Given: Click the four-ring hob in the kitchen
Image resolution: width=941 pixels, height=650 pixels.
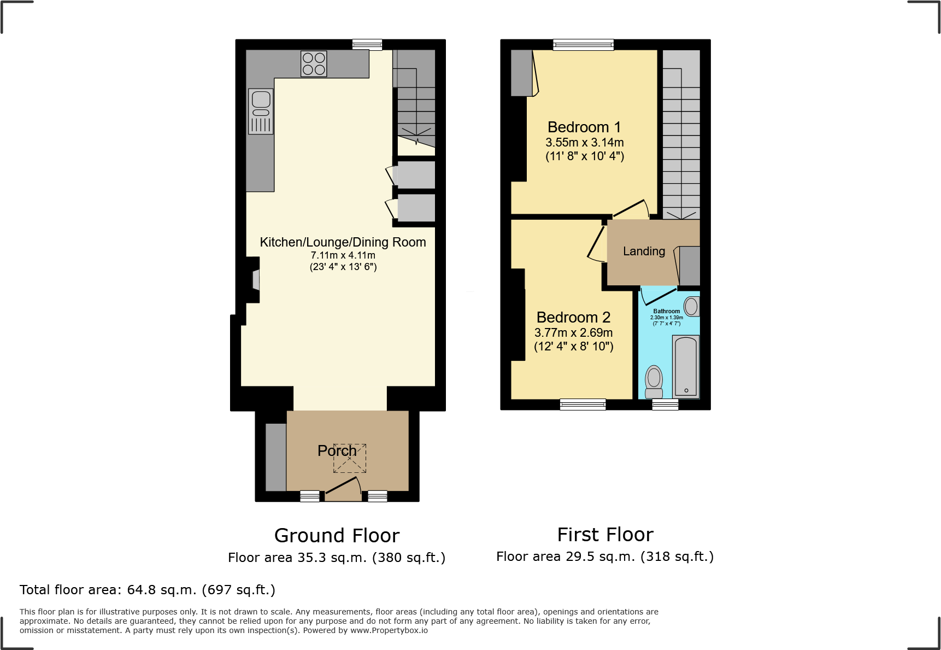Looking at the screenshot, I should click(314, 64).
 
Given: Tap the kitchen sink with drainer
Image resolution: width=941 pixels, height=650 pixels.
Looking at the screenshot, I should click(261, 112).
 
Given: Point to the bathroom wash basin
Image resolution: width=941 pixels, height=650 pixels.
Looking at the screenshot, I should click(691, 307).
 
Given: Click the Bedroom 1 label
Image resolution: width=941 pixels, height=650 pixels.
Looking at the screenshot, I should click(584, 127).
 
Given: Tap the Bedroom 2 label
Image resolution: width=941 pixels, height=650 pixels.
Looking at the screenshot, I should click(573, 318).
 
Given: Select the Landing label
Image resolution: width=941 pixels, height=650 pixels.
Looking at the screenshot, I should click(644, 251).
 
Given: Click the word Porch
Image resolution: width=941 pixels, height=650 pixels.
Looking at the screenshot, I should click(337, 451).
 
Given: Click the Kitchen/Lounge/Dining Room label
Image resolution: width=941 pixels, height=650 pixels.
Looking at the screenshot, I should click(343, 242).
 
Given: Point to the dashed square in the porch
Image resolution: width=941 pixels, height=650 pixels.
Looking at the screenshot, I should click(350, 458).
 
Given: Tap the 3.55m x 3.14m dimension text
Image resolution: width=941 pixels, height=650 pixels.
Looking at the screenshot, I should click(584, 143).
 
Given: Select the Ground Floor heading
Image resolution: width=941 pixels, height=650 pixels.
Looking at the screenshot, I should click(337, 536).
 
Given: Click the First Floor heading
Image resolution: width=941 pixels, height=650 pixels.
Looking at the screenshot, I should click(605, 535).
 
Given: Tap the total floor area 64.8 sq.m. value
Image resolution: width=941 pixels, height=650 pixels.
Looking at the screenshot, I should click(161, 590).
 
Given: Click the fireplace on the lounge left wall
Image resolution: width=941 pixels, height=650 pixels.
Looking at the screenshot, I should click(256, 280).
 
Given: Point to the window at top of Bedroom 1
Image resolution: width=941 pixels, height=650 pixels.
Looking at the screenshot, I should click(583, 45).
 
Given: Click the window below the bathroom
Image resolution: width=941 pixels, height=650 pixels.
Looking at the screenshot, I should click(665, 405).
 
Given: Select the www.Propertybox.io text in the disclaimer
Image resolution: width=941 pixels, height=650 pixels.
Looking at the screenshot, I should click(389, 631).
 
